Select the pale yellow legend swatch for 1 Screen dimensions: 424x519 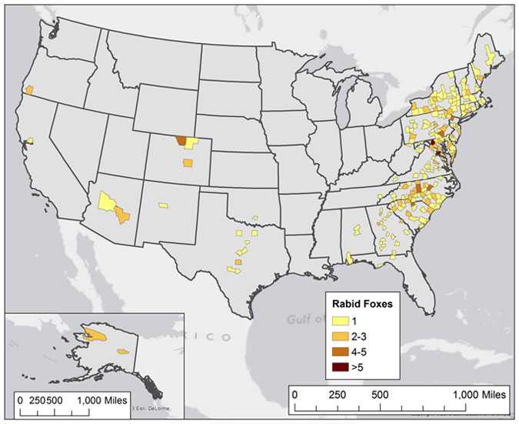tap(338, 321)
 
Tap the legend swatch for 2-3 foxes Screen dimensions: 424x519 tap(338, 336)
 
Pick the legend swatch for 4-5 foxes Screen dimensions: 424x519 tap(338, 352)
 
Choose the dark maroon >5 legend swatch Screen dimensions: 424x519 tap(338, 366)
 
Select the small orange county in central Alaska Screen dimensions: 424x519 tap(122, 351)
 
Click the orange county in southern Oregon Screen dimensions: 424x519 tap(29, 90)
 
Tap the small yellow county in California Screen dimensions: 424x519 tap(30, 140)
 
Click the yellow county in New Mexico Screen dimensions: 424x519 tap(163, 205)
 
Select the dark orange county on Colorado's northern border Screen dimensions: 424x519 tap(181, 141)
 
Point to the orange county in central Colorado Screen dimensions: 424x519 tap(188, 162)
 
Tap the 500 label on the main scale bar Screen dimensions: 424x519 tap(379, 393)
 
